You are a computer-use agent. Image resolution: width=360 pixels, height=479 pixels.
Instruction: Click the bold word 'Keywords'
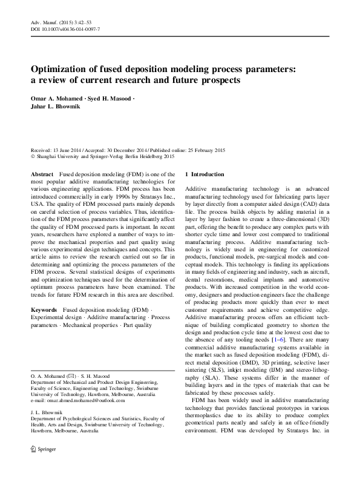45,309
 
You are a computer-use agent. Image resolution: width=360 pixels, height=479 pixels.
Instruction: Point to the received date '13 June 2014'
71,150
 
